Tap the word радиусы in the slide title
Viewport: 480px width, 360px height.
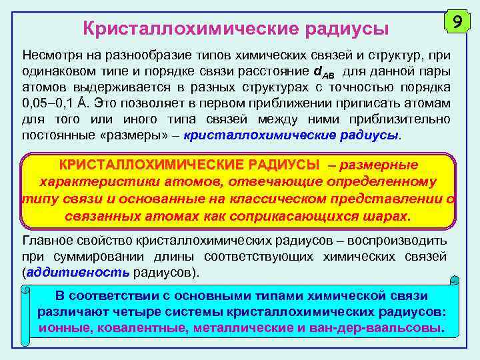click(347, 28)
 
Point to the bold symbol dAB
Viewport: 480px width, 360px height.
click(324, 71)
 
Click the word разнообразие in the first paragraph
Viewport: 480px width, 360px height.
click(135, 54)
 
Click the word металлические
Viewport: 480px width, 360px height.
click(237, 328)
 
